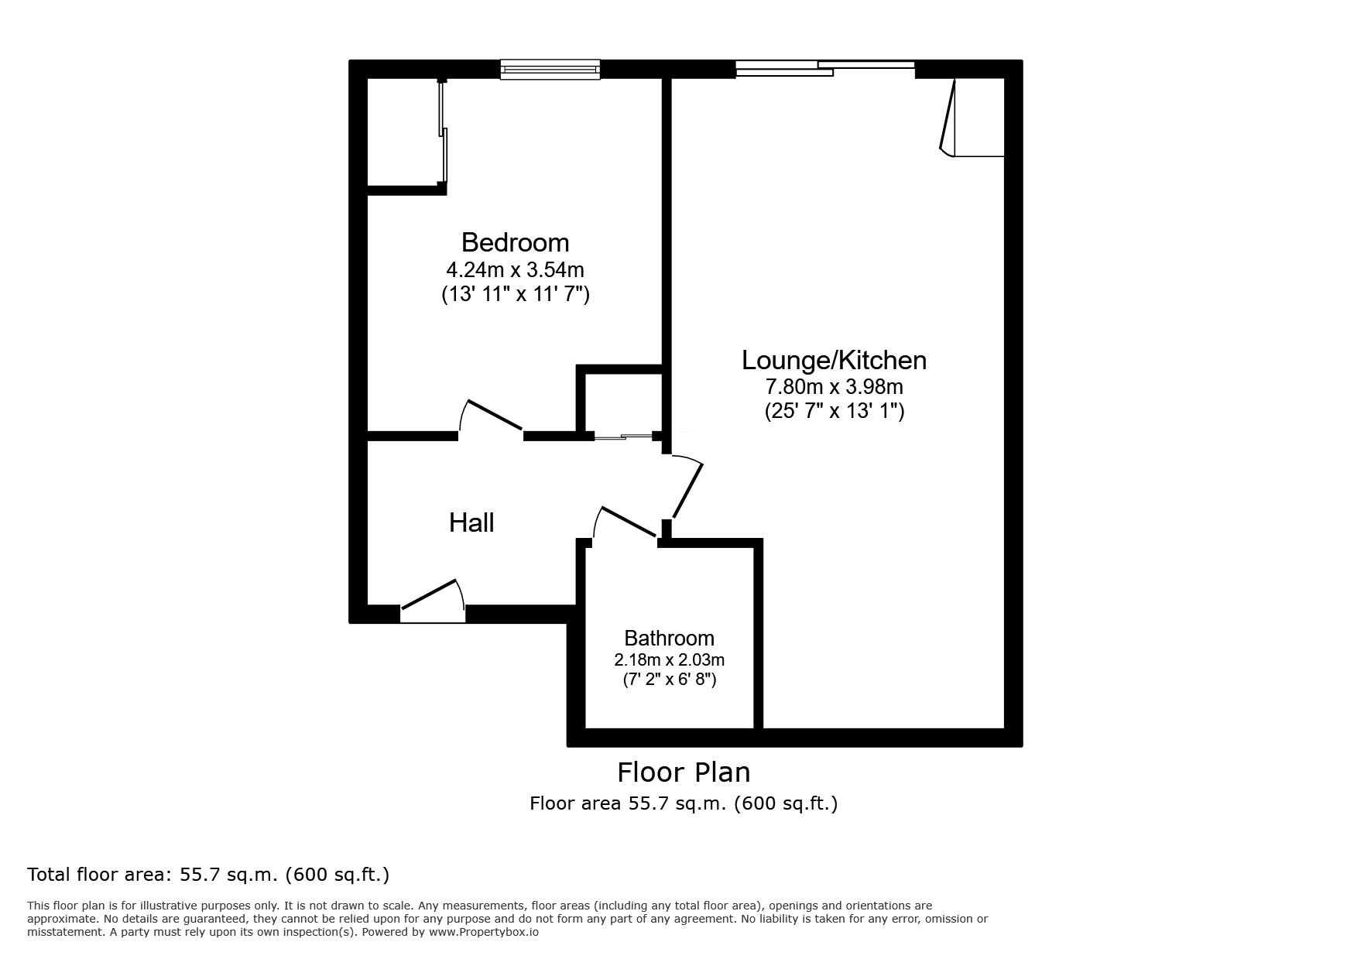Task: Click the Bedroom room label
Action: tap(515, 242)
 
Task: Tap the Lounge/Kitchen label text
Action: tap(834, 360)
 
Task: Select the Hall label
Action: tap(471, 522)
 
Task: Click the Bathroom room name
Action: tap(669, 638)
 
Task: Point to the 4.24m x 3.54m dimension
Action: tap(515, 270)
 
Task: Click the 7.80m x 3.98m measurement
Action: tap(834, 385)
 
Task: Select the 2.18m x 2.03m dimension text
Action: tap(669, 660)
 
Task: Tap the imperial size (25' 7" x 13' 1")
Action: tap(834, 410)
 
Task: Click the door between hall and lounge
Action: tap(687, 488)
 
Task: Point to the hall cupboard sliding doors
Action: tap(624, 437)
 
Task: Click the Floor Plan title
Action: tap(683, 772)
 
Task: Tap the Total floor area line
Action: tap(208, 875)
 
